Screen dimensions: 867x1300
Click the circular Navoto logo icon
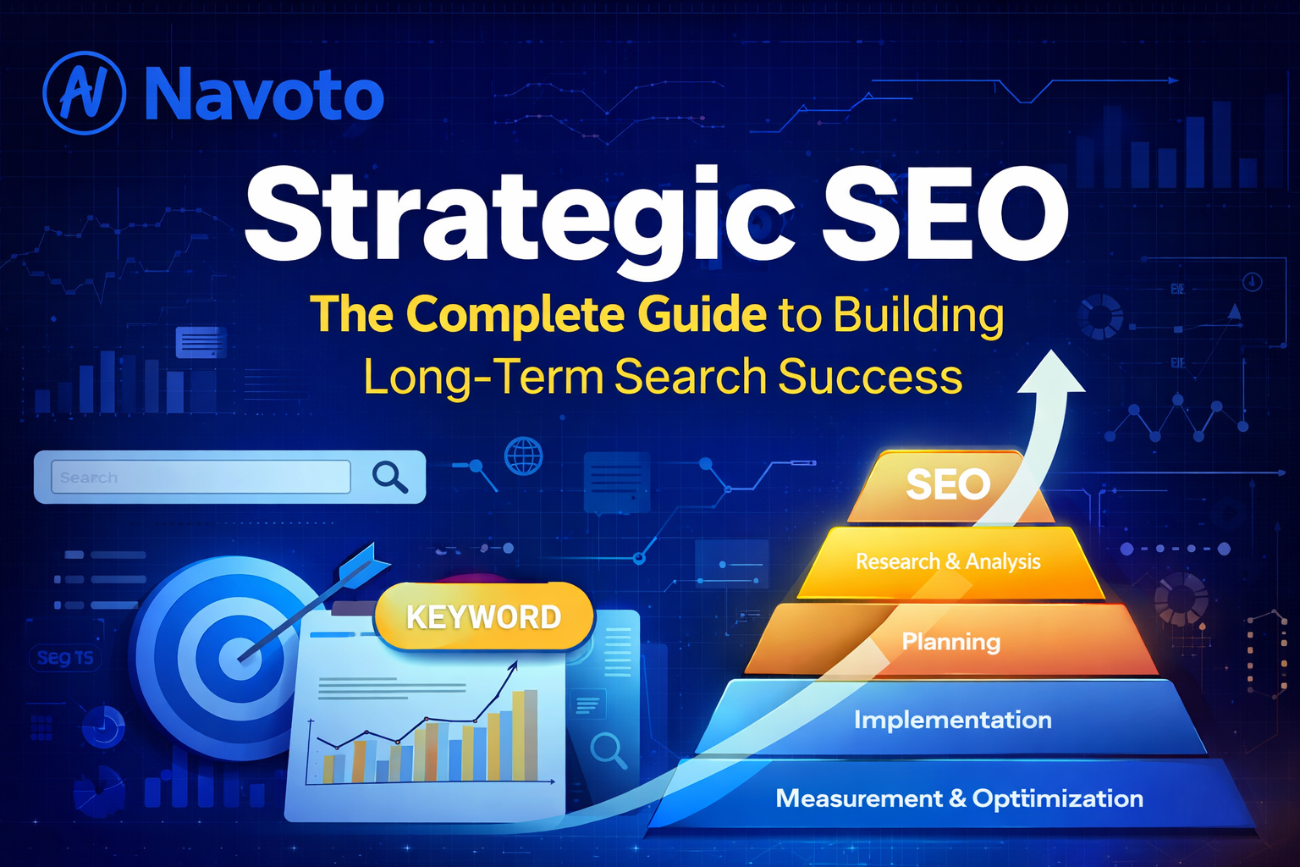click(x=85, y=93)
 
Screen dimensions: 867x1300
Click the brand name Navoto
click(x=264, y=95)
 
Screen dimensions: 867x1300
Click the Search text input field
click(x=201, y=478)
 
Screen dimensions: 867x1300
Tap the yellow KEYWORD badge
click(x=483, y=617)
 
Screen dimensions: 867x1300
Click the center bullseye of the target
click(x=235, y=658)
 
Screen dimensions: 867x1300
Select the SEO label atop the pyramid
click(x=948, y=485)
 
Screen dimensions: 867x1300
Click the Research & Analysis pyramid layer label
click(x=948, y=561)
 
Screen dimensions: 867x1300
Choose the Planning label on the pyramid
click(x=951, y=642)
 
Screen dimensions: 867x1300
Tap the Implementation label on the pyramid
click(x=953, y=720)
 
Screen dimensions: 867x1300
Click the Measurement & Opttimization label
click(x=960, y=798)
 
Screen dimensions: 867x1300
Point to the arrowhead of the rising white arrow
click(x=1051, y=373)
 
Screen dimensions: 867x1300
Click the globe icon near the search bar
click(x=523, y=456)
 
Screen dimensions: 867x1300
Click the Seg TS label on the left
click(x=65, y=658)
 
